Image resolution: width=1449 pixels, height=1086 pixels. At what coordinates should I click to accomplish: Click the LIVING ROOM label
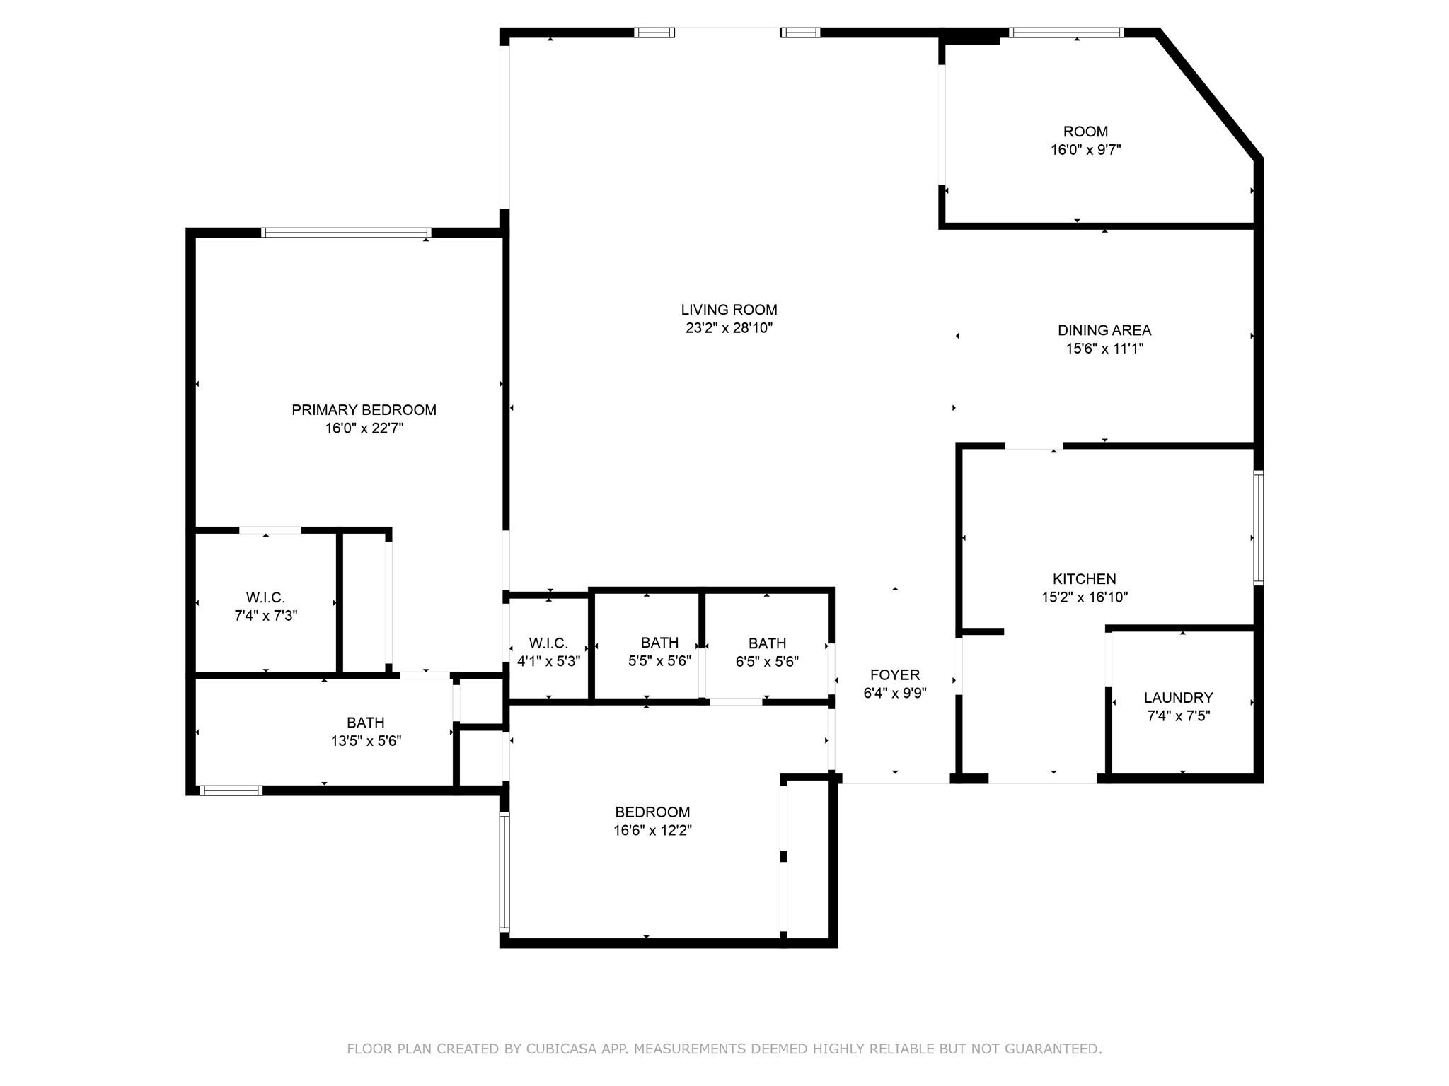click(x=729, y=310)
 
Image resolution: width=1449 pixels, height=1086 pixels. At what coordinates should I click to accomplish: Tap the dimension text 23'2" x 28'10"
click(x=729, y=328)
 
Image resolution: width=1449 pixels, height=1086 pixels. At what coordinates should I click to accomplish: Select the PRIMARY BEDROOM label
click(x=364, y=410)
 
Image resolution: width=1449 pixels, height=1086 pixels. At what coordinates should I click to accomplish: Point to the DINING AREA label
click(x=1104, y=330)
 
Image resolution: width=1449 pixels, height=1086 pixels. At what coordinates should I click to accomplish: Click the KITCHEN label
click(x=1085, y=579)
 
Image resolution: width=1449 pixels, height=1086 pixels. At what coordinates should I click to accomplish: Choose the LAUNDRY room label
click(x=1179, y=698)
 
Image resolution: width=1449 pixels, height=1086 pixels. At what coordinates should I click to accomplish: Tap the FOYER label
click(x=895, y=675)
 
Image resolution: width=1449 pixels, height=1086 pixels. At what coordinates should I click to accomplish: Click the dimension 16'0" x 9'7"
click(x=1086, y=150)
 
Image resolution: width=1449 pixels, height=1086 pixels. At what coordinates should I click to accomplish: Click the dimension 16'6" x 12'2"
click(x=652, y=830)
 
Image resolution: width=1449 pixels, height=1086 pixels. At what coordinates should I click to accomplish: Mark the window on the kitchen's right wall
click(x=1259, y=527)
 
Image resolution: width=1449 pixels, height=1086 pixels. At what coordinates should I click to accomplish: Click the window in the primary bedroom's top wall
click(x=346, y=233)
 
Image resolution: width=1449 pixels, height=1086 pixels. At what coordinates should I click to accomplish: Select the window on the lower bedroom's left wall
click(x=504, y=872)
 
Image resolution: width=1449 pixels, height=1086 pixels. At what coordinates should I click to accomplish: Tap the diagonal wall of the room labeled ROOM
click(x=1209, y=95)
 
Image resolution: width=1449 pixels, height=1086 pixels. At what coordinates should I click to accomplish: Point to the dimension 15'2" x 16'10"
click(x=1085, y=597)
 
